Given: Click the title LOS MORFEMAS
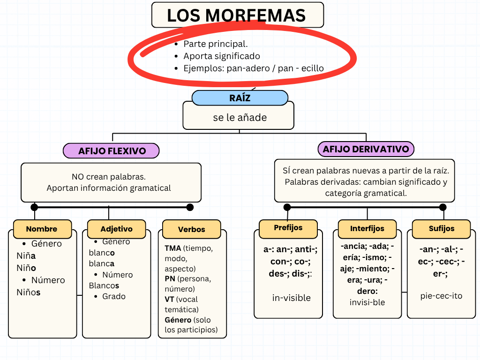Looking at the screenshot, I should (x=237, y=15).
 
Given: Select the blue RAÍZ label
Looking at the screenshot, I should (x=240, y=98).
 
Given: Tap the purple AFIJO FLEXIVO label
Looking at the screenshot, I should (x=112, y=151).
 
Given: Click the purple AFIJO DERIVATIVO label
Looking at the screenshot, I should (x=366, y=149).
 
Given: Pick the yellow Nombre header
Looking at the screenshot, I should (x=42, y=229).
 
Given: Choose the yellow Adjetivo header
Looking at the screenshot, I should (x=116, y=229).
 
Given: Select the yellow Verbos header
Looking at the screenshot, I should (x=191, y=229).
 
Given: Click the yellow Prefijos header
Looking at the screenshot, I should (x=288, y=228).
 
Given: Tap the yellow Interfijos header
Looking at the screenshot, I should (x=367, y=228).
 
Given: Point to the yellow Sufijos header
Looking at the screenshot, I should (x=441, y=228).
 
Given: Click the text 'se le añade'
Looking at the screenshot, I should (x=240, y=118).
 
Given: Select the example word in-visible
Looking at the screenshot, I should (x=291, y=298).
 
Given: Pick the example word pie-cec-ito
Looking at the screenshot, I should (x=441, y=296).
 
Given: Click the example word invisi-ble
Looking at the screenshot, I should (x=367, y=302).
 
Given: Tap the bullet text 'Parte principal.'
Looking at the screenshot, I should (x=215, y=44).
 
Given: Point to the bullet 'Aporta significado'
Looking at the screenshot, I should (x=221, y=56).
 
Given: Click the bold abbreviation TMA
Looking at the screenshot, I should (x=172, y=248).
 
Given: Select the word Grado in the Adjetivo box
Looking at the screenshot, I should (x=114, y=296).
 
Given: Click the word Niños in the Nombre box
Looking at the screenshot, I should (x=29, y=292).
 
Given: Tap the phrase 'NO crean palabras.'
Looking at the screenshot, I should (x=109, y=177).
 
